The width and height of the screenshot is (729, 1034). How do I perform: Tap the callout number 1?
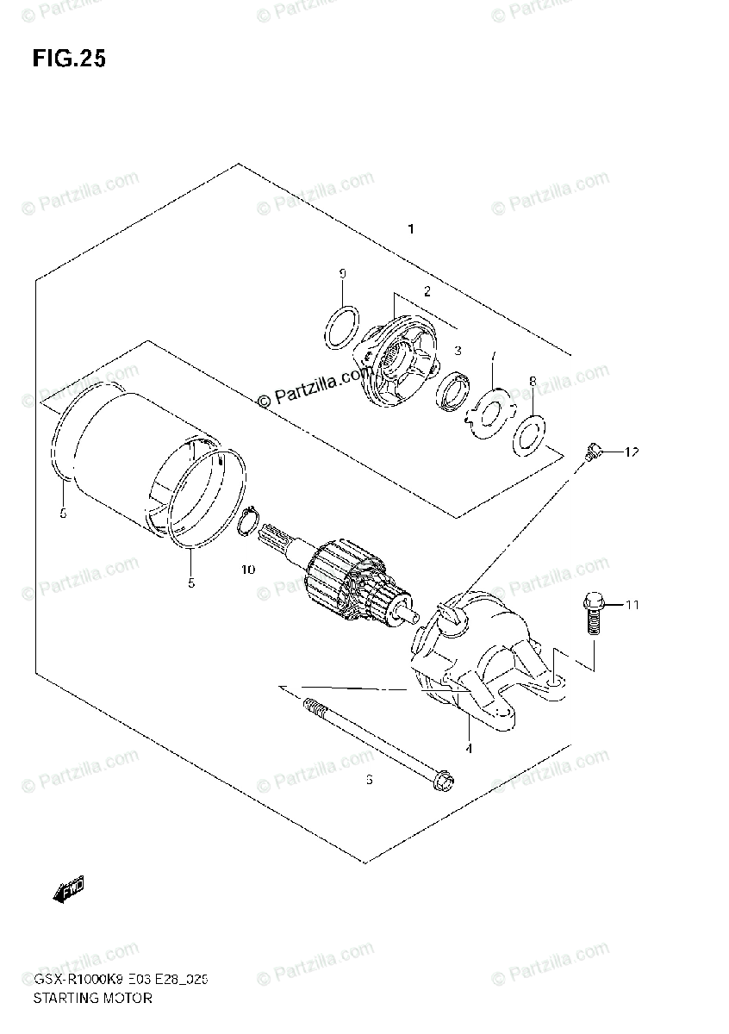coord(412,229)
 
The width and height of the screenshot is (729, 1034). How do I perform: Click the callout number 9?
coord(342,274)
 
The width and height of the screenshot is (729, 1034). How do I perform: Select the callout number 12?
coord(632,452)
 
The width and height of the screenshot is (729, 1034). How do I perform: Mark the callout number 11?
coord(632,606)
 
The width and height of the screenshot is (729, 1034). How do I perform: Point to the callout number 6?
coord(369,780)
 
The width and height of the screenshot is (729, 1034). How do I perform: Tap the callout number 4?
coord(469,748)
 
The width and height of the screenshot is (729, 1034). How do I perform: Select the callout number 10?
coord(248,570)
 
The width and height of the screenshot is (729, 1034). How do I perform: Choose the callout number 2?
coord(426,292)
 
